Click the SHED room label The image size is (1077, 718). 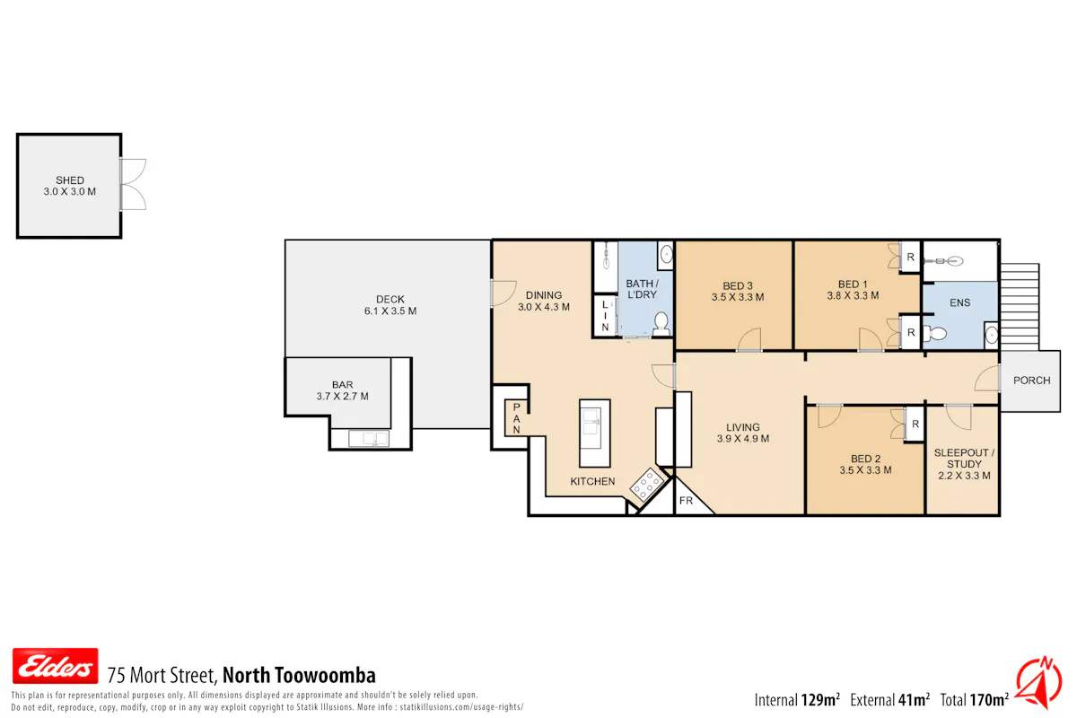pos(70,180)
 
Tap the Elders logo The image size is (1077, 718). pos(56,666)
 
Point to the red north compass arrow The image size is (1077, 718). pos(1039,683)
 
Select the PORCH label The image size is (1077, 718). pos(1031,381)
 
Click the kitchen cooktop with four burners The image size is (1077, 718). pos(647,484)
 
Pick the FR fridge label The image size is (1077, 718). pos(686,501)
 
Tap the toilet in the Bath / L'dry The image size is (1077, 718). pos(661,323)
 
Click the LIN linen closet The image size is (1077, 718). pos(605,316)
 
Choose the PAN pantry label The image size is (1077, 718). pos(516,419)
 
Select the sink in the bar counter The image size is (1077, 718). pos(369,439)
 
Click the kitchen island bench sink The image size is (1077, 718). pos(591,428)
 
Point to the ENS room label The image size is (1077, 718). pos(959,303)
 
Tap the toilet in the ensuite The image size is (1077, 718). pos(934,333)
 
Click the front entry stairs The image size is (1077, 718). pos(1020,306)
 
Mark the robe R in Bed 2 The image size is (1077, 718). pos(915,425)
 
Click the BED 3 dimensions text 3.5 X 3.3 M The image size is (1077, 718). pos(738,297)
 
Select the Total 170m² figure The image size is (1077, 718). pos(974,700)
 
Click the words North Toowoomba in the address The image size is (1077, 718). pos(299,675)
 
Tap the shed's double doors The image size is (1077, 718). pos(133,184)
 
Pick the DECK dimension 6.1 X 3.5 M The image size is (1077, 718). pos(390,311)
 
